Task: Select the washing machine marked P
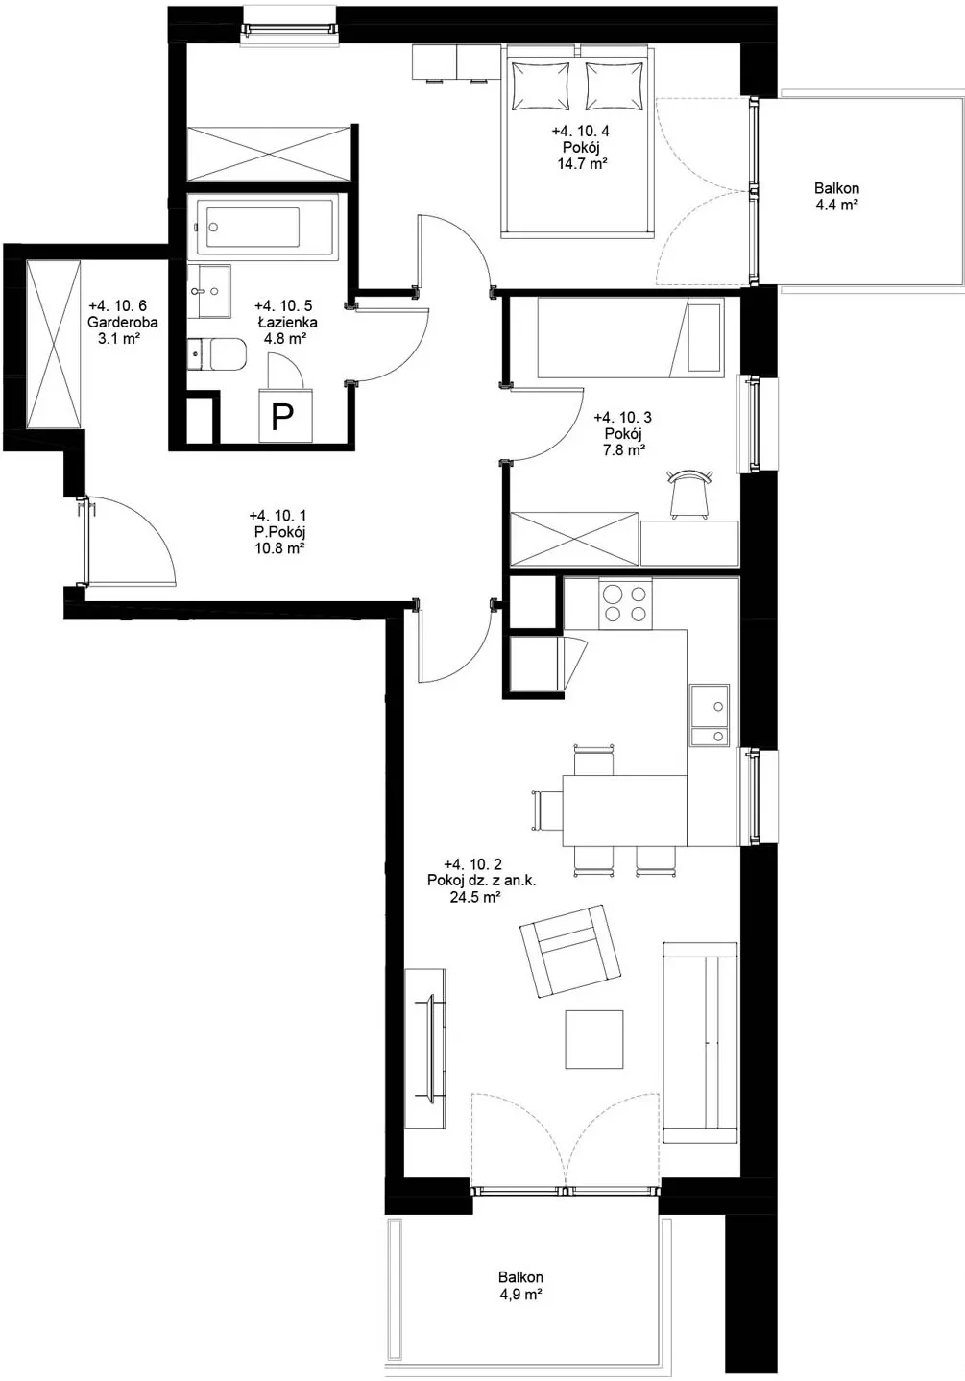click(285, 416)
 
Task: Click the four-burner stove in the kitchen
click(625, 603)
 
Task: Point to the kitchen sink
click(710, 715)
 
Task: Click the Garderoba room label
click(122, 322)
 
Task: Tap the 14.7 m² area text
click(582, 163)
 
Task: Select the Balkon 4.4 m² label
click(837, 196)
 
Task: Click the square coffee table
click(594, 1039)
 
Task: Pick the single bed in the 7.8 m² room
click(630, 337)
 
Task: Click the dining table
click(624, 811)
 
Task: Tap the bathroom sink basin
click(209, 292)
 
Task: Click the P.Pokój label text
click(277, 532)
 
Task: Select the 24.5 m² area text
click(474, 897)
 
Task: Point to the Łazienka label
click(288, 322)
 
